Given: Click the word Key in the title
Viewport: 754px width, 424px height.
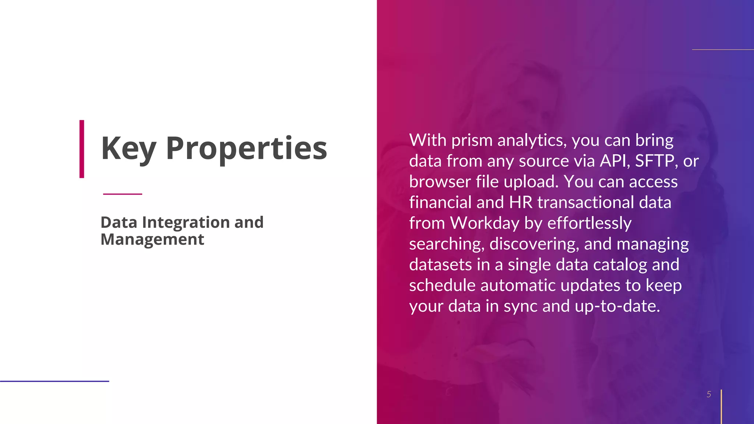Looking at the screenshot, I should pyautogui.click(x=128, y=148).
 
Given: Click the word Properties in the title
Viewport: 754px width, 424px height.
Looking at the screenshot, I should pyautogui.click(x=246, y=148).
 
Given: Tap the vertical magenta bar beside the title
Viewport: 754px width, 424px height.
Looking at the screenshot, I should pyautogui.click(x=82, y=149).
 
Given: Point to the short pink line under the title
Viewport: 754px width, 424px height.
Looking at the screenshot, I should pyautogui.click(x=123, y=194).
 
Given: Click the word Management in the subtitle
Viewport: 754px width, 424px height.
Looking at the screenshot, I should pyautogui.click(x=152, y=239).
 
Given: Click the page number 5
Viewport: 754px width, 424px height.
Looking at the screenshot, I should pyautogui.click(x=709, y=395).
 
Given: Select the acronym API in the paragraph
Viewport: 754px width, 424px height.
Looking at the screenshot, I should pyautogui.click(x=615, y=161).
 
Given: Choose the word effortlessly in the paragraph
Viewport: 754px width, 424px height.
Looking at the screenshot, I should pyautogui.click(x=589, y=223).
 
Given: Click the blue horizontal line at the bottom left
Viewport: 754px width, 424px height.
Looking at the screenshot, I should pyautogui.click(x=54, y=381).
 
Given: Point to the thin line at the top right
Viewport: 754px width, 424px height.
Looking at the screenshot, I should pyautogui.click(x=723, y=49).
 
